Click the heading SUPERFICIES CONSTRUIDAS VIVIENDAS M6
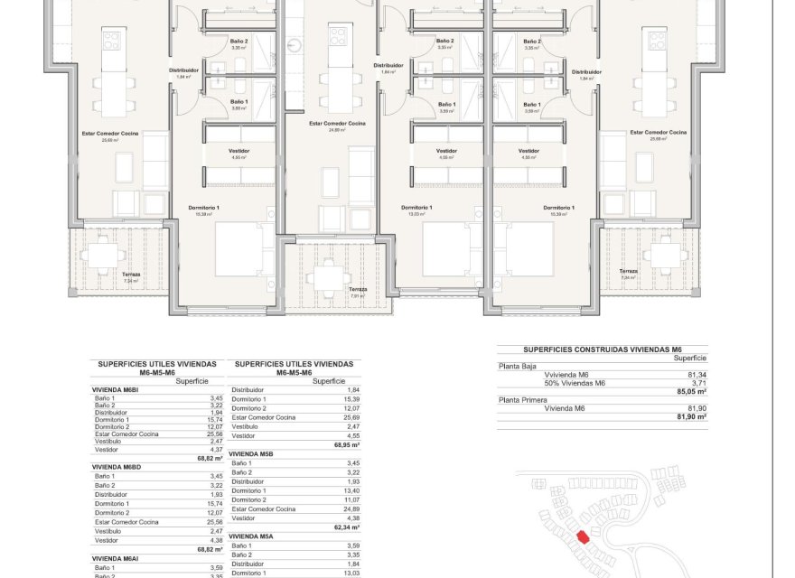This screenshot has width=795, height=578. [602, 349]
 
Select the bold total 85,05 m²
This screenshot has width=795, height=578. [691, 391]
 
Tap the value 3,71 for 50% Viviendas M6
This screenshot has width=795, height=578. [697, 383]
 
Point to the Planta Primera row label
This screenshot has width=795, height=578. [524, 399]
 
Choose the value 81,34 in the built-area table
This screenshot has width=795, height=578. [697, 375]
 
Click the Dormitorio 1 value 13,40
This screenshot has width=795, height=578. [351, 491]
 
